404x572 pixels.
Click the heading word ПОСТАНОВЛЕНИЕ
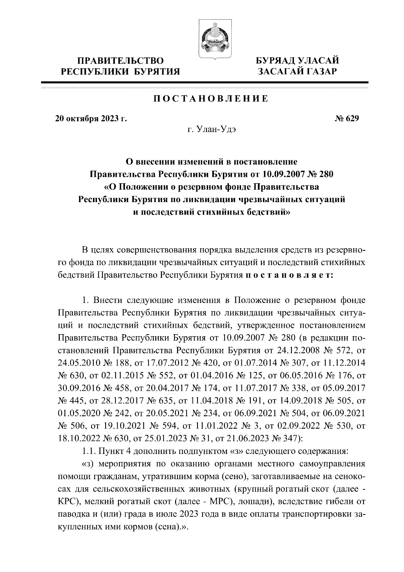coord(211,99)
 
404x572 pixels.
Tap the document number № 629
coord(347,118)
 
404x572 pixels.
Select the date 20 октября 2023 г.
coord(91,118)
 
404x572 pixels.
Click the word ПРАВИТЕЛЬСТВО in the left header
coord(121,61)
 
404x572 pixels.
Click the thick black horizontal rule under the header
coord(204,82)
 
